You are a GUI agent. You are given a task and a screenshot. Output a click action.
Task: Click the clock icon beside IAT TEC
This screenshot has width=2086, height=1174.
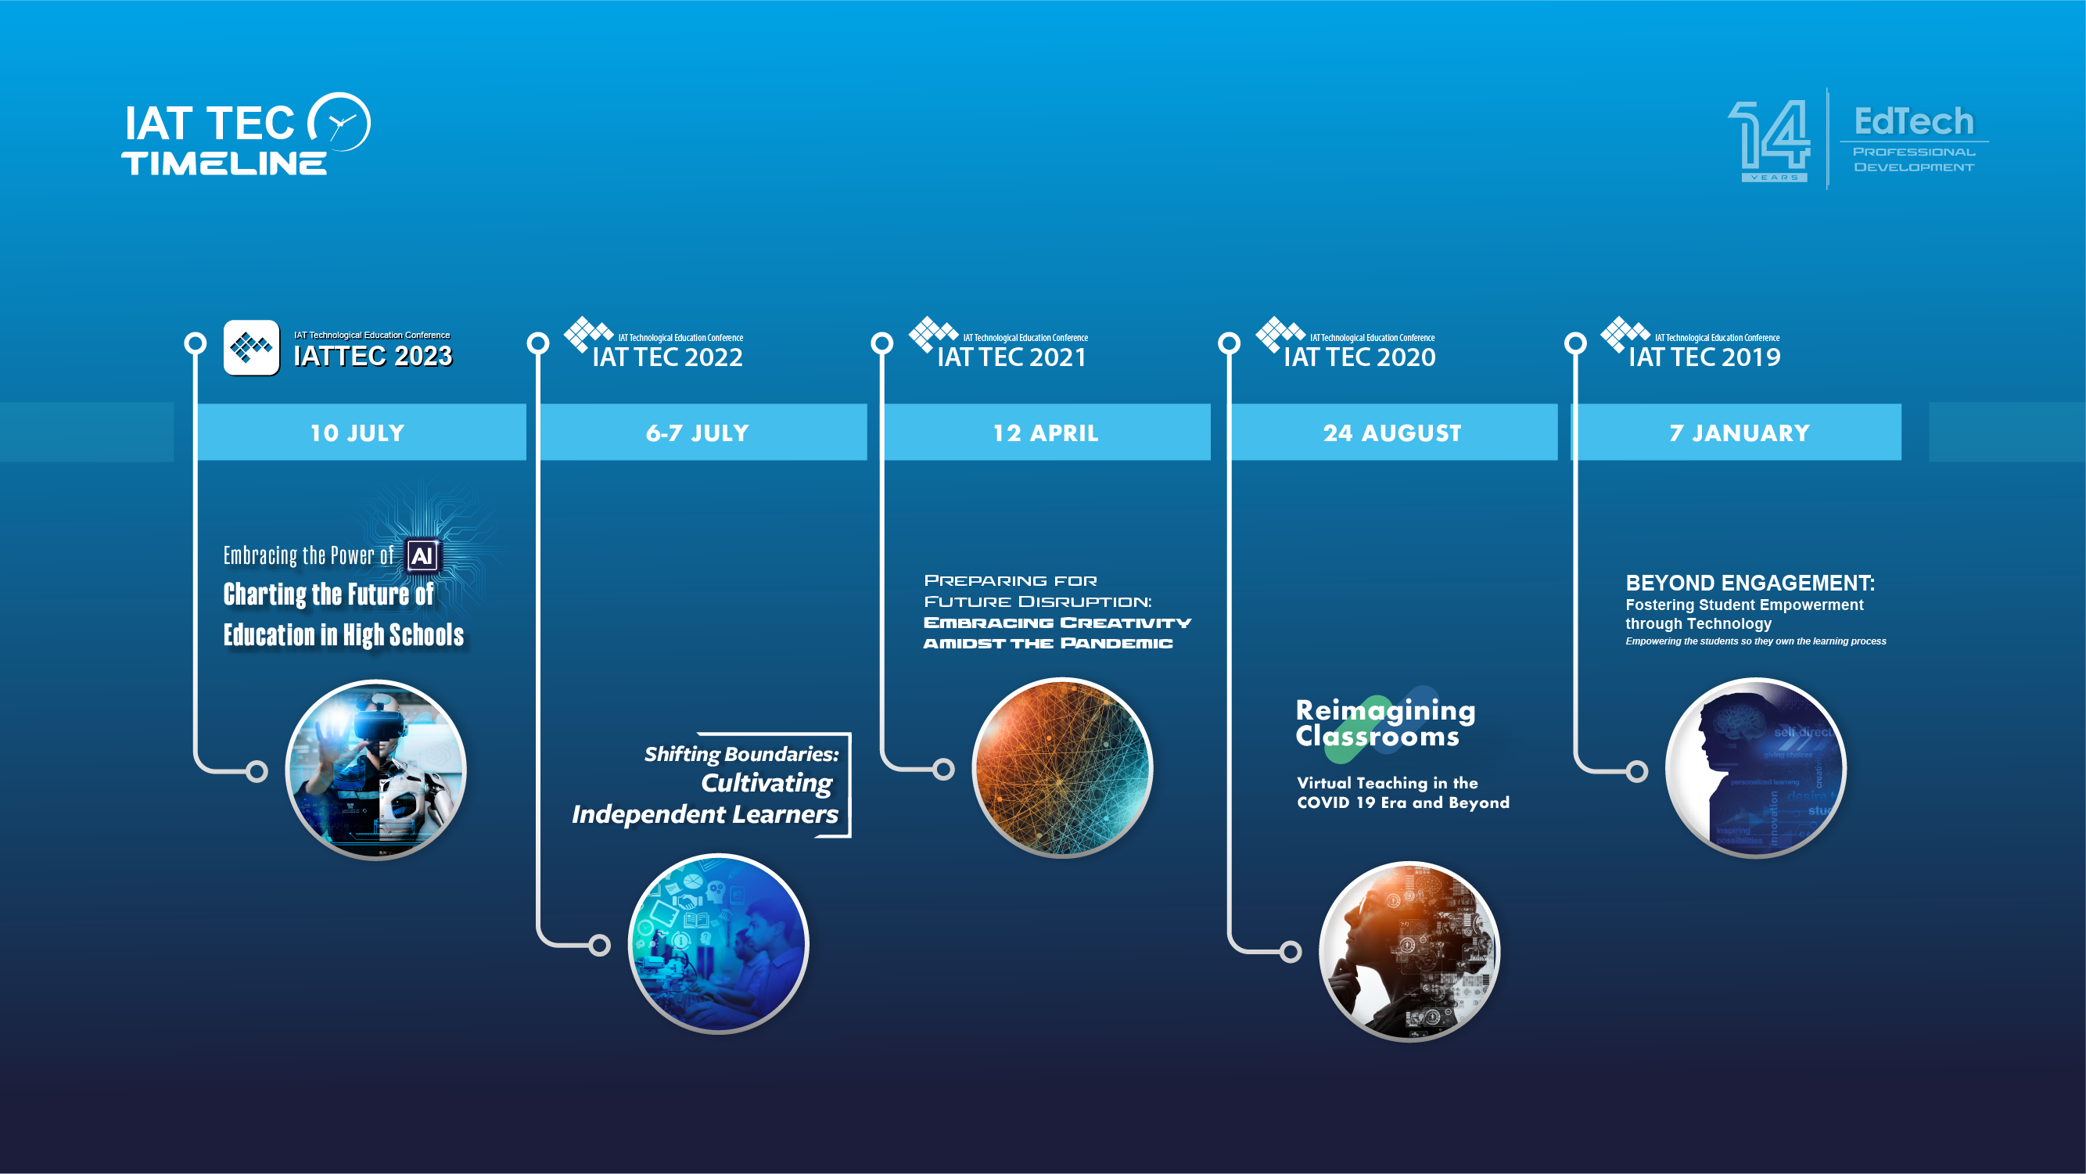(340, 122)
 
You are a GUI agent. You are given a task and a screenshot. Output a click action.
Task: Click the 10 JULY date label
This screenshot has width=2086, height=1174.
(357, 433)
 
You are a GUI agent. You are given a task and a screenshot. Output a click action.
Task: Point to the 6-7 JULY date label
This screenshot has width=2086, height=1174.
(697, 433)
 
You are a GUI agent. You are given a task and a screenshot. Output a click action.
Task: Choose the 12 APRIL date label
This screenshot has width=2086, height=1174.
(1046, 433)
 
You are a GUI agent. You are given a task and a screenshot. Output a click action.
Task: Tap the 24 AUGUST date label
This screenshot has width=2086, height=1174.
(1392, 433)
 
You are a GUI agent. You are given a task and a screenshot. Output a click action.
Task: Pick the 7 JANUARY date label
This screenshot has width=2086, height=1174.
(1739, 433)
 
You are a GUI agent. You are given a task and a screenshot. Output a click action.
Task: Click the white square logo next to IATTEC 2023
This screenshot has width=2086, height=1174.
(251, 348)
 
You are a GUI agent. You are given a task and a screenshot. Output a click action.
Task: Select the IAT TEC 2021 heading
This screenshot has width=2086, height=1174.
(1011, 357)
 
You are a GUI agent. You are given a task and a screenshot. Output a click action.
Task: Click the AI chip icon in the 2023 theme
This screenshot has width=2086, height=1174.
(422, 556)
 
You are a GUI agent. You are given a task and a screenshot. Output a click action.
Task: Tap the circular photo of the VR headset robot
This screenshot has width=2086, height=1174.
(375, 770)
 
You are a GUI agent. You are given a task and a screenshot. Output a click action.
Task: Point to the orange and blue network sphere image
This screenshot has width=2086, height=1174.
(1061, 767)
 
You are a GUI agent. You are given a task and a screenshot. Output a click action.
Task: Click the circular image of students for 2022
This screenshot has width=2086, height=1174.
(718, 944)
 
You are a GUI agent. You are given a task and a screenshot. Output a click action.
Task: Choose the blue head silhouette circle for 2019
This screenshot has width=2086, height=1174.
(1755, 768)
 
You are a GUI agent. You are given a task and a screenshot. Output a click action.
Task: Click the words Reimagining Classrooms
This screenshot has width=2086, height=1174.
(1384, 723)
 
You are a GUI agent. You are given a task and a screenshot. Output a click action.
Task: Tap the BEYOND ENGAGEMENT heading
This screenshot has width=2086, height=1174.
(1749, 583)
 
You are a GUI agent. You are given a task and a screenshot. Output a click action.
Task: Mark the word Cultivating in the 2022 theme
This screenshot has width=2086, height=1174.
(766, 783)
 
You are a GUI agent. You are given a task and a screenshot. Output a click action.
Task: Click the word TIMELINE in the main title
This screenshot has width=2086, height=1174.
(224, 163)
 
